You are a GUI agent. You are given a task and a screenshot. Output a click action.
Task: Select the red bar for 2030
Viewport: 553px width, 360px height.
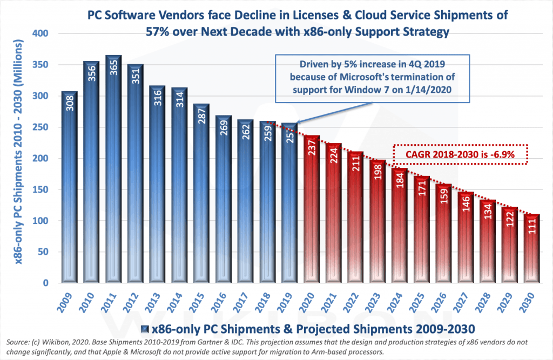coord(532,248)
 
